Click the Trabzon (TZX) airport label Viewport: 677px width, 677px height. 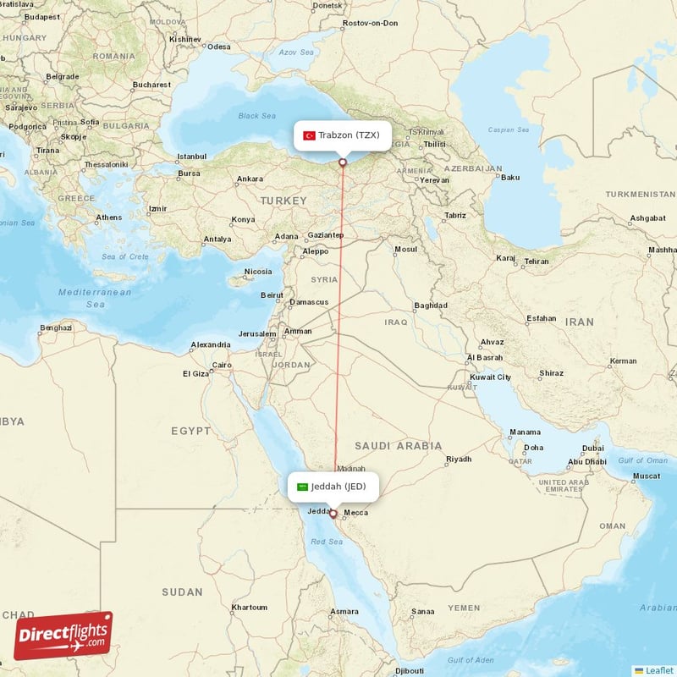(x=349, y=135)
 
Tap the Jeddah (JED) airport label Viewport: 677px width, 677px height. (x=338, y=487)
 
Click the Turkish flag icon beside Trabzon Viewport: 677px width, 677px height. (x=310, y=135)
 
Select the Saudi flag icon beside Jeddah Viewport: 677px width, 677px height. (x=302, y=487)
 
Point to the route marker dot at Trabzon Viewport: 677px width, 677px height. (x=343, y=162)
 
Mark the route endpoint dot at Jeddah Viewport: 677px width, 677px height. (x=333, y=514)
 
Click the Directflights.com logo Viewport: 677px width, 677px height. (x=63, y=635)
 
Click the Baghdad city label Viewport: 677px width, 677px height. (x=430, y=305)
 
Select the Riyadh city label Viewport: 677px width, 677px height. (x=459, y=460)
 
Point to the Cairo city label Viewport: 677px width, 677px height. (x=222, y=366)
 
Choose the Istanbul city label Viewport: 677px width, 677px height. (x=191, y=157)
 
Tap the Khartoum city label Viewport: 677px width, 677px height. (x=250, y=608)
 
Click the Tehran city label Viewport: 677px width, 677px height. (x=537, y=261)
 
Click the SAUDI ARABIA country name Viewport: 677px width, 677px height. (x=398, y=445)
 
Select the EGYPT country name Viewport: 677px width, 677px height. (x=191, y=431)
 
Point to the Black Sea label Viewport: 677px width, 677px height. (x=257, y=116)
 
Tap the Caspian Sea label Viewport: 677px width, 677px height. (x=509, y=130)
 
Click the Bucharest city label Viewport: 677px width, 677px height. (x=151, y=85)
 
